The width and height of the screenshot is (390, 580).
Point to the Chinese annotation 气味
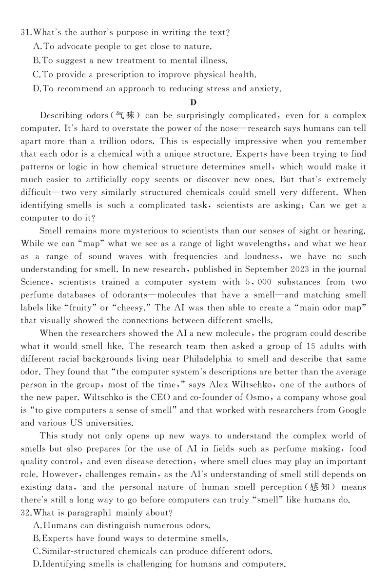pyautogui.click(x=126, y=116)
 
